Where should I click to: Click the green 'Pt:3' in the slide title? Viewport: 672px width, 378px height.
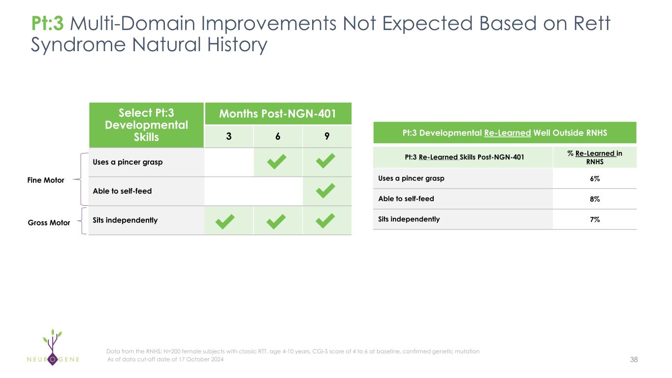tap(47, 24)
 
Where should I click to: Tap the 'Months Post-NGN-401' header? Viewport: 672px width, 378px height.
tap(278, 114)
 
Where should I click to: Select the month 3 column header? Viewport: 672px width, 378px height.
tap(229, 136)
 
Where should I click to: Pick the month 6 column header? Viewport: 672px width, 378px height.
tap(278, 136)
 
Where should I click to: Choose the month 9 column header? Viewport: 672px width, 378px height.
tap(327, 136)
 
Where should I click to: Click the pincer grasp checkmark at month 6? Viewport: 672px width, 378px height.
tap(277, 161)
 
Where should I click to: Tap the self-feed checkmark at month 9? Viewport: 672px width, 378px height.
tap(325, 191)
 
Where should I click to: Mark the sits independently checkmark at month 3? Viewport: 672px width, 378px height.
tap(225, 221)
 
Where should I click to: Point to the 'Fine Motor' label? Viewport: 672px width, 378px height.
tap(46, 180)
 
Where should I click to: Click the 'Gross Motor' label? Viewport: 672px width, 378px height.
tap(49, 222)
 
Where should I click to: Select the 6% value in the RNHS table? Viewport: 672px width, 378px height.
tap(595, 179)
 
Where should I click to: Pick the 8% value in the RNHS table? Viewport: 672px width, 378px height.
tap(595, 199)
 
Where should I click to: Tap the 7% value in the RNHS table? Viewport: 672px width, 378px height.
tap(595, 220)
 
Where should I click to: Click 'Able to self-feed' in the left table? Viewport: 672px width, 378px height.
tap(122, 191)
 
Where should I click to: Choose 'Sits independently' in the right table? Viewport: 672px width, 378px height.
tap(409, 220)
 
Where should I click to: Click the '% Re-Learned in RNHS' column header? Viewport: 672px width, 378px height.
tap(595, 157)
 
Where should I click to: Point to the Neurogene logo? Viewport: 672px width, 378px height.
tap(53, 347)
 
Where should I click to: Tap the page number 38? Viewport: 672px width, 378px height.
tap(634, 359)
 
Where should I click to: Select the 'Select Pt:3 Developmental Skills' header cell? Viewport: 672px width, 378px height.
tap(146, 125)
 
